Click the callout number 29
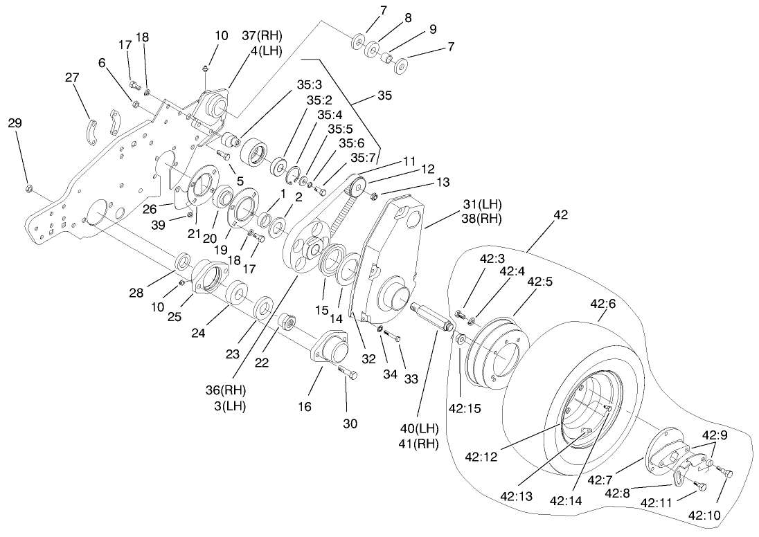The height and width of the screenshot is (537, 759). coord(15,123)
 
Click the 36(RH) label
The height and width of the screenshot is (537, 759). coord(231,390)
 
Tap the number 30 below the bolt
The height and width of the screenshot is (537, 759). coord(350,424)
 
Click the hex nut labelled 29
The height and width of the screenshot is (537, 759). coord(28,188)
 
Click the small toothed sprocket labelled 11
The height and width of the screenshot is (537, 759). coord(357,187)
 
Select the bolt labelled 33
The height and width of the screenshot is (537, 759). coord(393,336)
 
